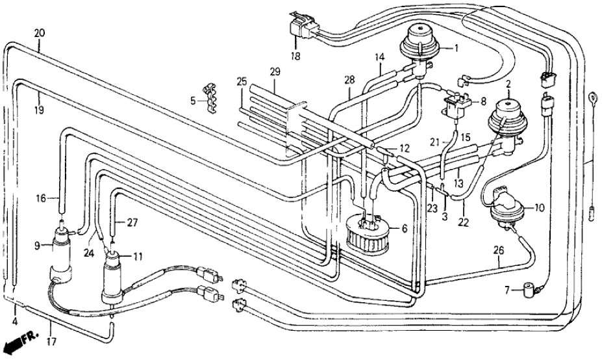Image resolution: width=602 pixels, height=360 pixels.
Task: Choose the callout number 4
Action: pyautogui.click(x=15, y=321)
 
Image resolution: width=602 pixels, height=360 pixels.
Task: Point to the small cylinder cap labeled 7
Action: pyautogui.click(x=533, y=287)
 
